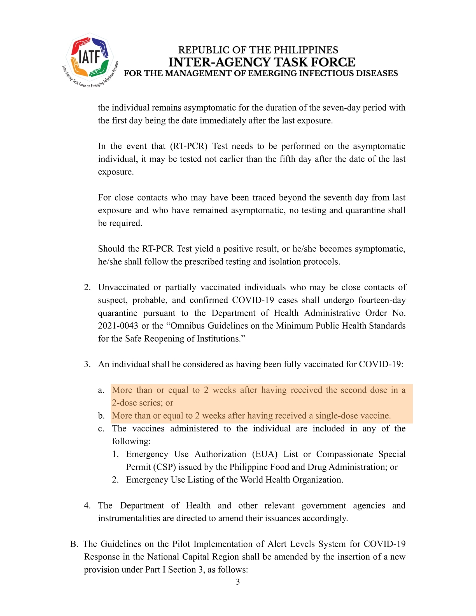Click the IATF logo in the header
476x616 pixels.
pos(90,59)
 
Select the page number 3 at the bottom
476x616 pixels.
pos(238,582)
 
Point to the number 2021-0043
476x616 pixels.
pos(118,326)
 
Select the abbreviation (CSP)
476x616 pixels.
pos(165,467)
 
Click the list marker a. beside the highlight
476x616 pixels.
pos(101,390)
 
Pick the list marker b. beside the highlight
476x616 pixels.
pos(101,416)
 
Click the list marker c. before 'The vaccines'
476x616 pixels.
pos(101,429)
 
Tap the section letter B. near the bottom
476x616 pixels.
pos(74,544)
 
